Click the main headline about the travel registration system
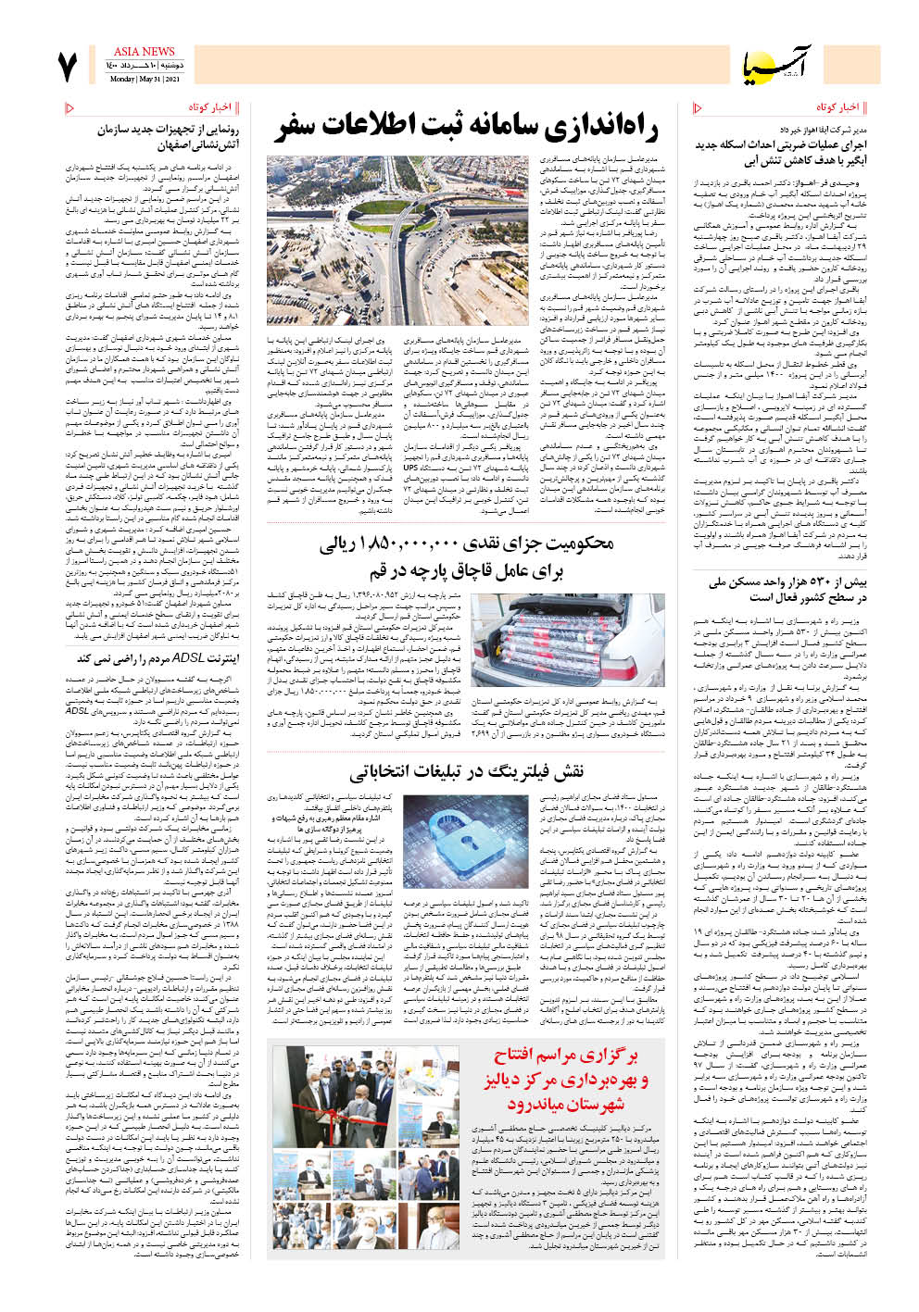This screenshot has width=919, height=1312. [x=465, y=127]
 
